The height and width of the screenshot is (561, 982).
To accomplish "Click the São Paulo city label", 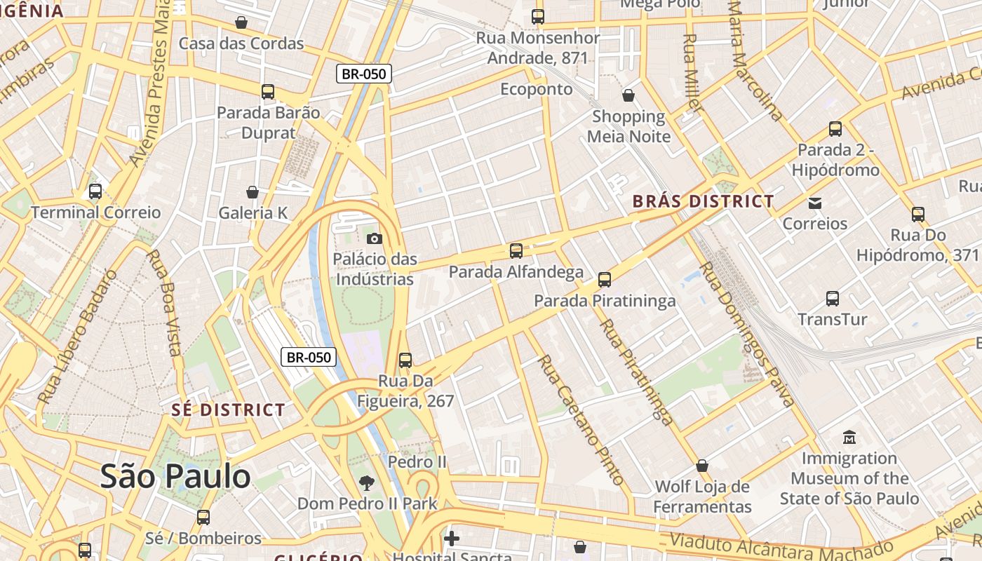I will tap(175, 477).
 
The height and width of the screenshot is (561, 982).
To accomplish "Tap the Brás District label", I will tap(703, 201).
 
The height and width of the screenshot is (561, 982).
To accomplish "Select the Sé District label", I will tap(228, 410).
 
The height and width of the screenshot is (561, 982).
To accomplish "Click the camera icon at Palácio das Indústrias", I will tap(375, 238).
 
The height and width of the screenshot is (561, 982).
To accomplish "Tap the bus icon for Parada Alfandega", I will tap(516, 250).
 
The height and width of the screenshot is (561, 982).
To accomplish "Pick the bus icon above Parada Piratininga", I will tap(605, 280).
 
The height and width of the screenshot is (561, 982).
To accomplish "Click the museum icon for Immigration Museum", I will tap(849, 437).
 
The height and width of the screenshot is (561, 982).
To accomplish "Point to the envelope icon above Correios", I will tap(815, 203).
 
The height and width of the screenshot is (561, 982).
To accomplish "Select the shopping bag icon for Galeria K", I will tap(253, 191).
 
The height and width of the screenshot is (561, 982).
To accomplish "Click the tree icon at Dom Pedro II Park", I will tap(366, 482).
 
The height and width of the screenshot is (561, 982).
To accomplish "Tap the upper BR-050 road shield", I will tap(363, 74).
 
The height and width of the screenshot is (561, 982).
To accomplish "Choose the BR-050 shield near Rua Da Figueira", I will tap(309, 357).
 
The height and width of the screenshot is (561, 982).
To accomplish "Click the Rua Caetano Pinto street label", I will tap(580, 420).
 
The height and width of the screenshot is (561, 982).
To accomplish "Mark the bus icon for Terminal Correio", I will tap(95, 191).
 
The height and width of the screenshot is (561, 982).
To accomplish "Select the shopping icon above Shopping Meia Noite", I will tap(628, 95).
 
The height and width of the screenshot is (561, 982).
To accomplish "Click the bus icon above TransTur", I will tap(833, 299).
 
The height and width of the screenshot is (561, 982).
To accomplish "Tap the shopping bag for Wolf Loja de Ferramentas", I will tap(702, 466).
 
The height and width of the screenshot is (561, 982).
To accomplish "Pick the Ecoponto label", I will tap(537, 89).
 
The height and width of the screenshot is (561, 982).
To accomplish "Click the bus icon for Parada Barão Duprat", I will tap(268, 91).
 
